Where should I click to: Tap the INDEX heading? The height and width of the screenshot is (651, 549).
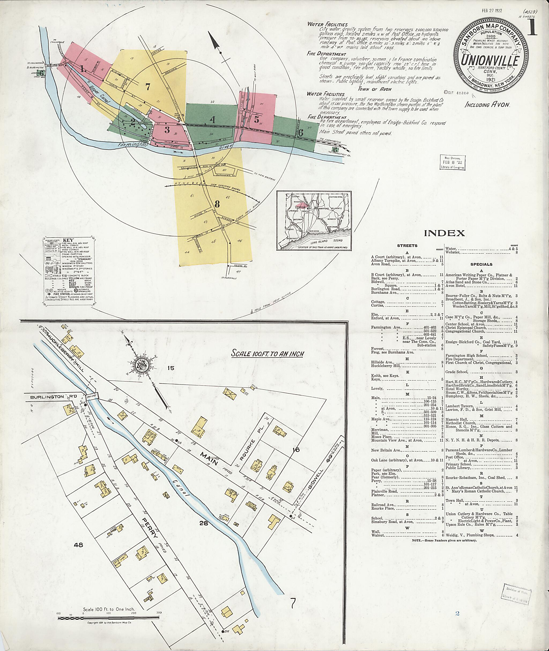(444, 233)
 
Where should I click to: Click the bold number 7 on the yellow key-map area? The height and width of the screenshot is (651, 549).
(148, 87)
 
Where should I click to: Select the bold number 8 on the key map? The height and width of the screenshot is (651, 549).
(217, 204)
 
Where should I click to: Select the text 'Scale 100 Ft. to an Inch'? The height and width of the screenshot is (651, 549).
(267, 354)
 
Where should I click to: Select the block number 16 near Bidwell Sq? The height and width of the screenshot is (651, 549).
(295, 450)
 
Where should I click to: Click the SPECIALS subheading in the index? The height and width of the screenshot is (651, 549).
(481, 264)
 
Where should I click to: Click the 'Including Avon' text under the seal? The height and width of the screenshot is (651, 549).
(487, 105)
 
